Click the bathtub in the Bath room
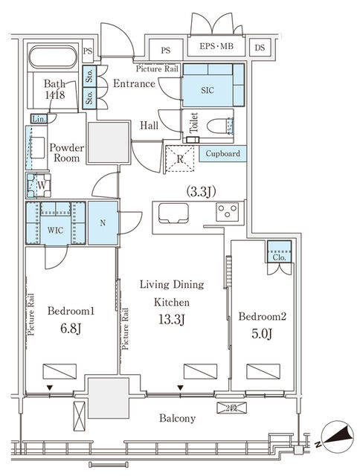tap(53, 57)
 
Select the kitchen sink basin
tap(173, 213)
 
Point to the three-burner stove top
tap(228, 211)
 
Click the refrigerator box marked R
tap(180, 158)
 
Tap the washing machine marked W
tap(39, 185)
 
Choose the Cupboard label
tap(223, 154)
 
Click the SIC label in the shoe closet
tap(208, 90)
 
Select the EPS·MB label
tap(216, 46)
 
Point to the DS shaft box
tap(260, 48)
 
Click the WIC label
tap(55, 230)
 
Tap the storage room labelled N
tap(103, 223)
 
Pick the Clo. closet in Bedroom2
tap(279, 252)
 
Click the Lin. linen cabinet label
tap(39, 119)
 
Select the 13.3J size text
tap(172, 319)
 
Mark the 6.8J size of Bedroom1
tap(71, 328)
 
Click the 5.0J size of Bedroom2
tap(262, 334)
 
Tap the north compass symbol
tap(337, 437)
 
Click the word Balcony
tap(178, 418)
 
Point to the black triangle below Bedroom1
tap(50, 387)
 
